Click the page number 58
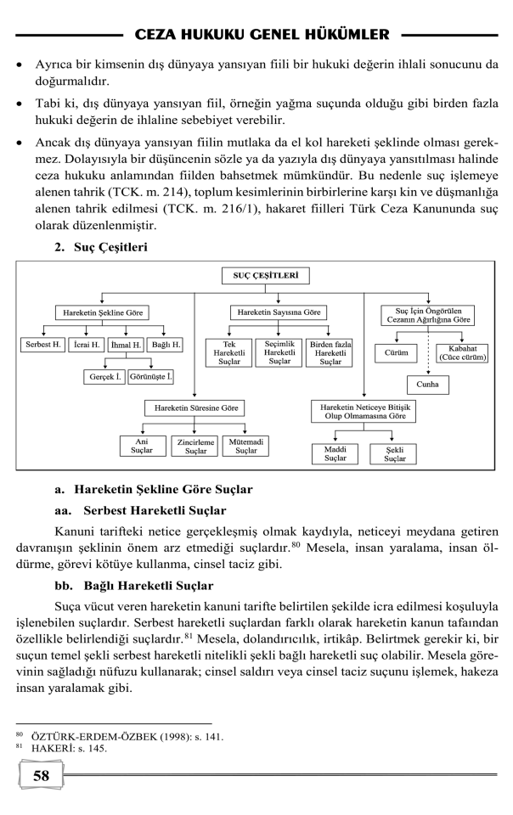tap(41, 775)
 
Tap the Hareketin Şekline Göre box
tap(101, 312)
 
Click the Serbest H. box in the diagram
tap(42, 345)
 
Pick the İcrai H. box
tap(87, 345)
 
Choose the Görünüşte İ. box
tap(150, 376)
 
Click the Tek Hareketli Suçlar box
tap(228, 352)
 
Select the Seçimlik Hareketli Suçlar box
tap(278, 352)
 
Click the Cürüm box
tap(397, 352)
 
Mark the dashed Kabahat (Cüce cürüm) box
tap(463, 352)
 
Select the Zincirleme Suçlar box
tap(195, 446)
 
